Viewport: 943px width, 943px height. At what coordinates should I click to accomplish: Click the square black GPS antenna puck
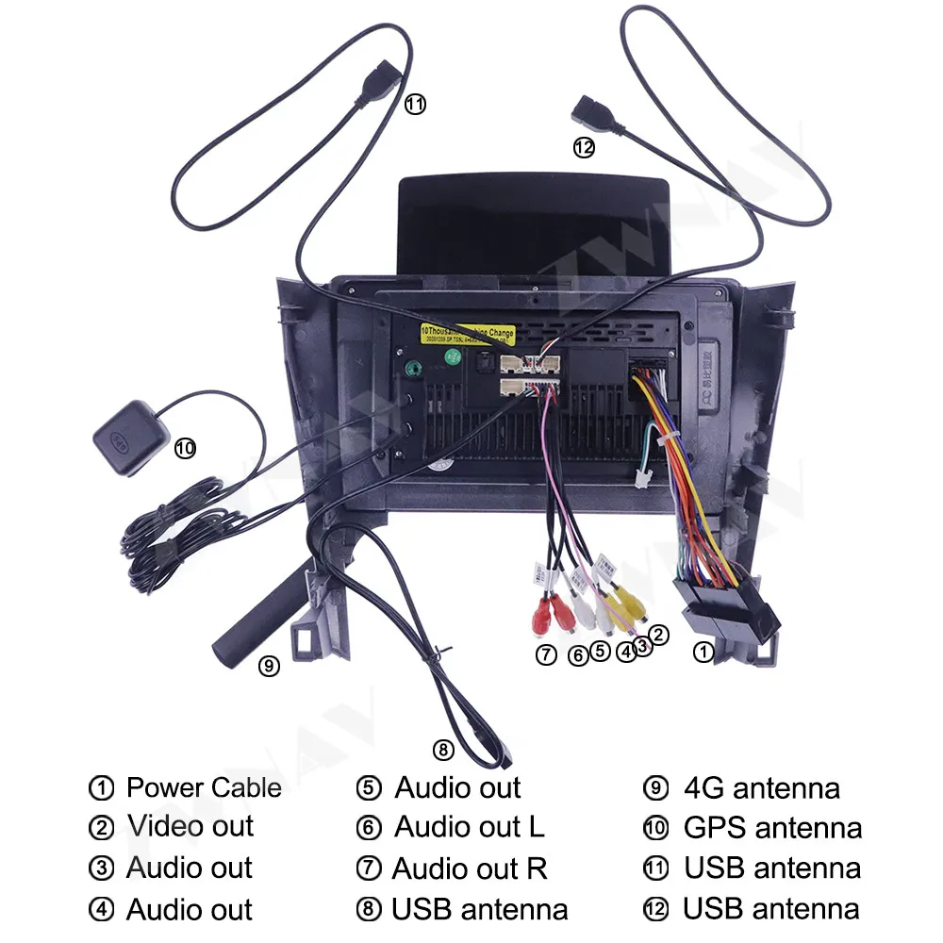(x=131, y=438)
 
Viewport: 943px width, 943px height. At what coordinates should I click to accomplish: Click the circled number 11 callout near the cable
(x=415, y=105)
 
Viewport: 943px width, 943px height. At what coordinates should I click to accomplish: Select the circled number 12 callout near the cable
(x=585, y=147)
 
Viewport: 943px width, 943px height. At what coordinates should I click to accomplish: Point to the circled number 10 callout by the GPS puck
(x=185, y=449)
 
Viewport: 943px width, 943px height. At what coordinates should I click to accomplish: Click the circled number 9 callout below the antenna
(x=269, y=666)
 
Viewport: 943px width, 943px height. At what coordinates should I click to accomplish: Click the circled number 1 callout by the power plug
(x=703, y=651)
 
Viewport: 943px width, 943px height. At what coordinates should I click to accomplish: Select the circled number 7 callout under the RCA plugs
(x=546, y=654)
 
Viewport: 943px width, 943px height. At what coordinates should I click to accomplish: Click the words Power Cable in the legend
(x=204, y=787)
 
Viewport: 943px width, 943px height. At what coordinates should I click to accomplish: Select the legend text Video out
(x=190, y=827)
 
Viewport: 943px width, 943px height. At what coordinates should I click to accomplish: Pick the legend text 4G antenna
(x=761, y=787)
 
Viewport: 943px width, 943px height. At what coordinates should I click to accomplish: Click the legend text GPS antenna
(x=772, y=828)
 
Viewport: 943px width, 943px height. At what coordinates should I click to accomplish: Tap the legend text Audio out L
(x=469, y=827)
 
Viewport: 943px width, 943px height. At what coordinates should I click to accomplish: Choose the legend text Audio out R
(x=470, y=868)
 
